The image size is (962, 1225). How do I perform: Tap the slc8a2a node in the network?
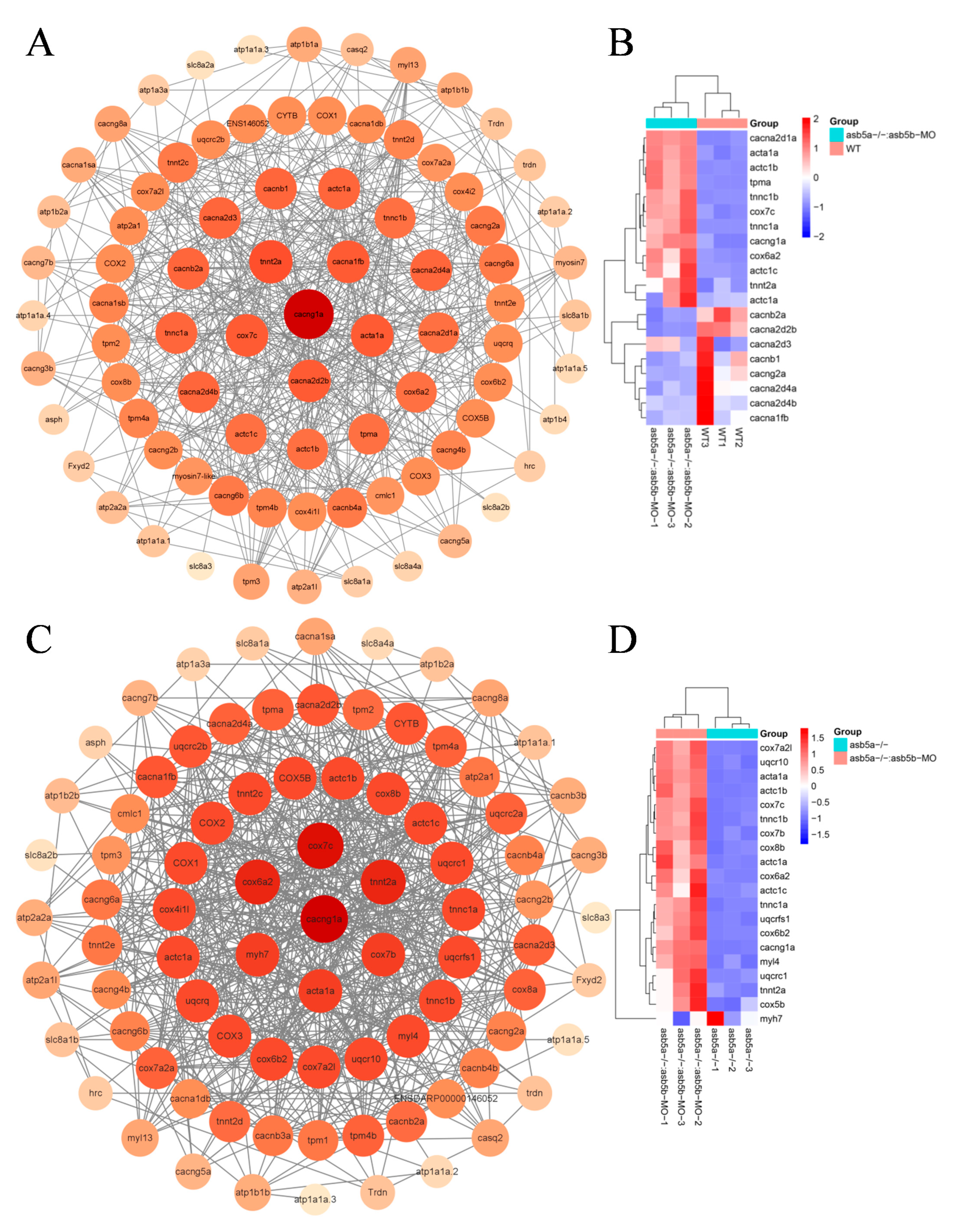(201, 65)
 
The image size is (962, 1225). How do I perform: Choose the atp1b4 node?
(555, 419)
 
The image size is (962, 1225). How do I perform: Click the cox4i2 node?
(464, 191)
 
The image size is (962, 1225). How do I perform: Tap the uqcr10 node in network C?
(366, 1059)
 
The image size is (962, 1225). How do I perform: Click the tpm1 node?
(318, 1140)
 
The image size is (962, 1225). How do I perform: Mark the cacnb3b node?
(568, 796)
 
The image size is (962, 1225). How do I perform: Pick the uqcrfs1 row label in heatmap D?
(774, 919)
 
